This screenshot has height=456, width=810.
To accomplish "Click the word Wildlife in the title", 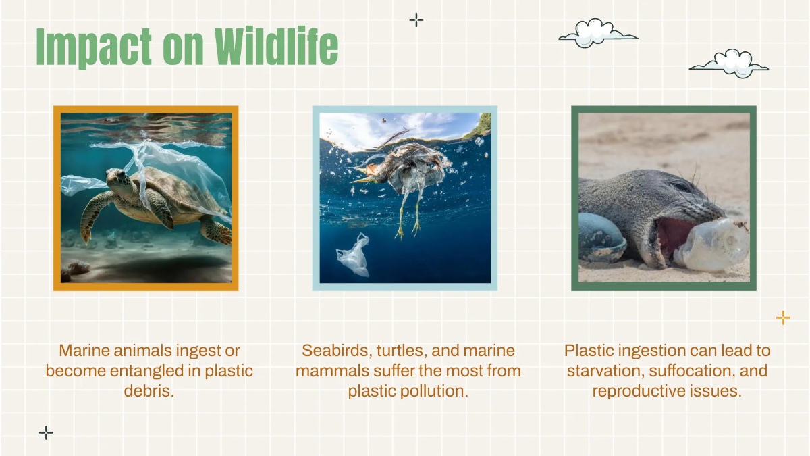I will [277, 47].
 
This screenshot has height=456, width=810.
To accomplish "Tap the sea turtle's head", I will [117, 178].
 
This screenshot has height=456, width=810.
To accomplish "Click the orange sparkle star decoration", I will [783, 318].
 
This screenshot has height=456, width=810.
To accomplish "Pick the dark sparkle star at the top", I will [416, 20].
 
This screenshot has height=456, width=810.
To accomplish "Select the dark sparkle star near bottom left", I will [46, 432].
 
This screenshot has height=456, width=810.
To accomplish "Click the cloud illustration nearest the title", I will [597, 33].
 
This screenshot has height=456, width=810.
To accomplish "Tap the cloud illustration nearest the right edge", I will [729, 64].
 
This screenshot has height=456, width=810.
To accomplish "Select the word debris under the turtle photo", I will [148, 391].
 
